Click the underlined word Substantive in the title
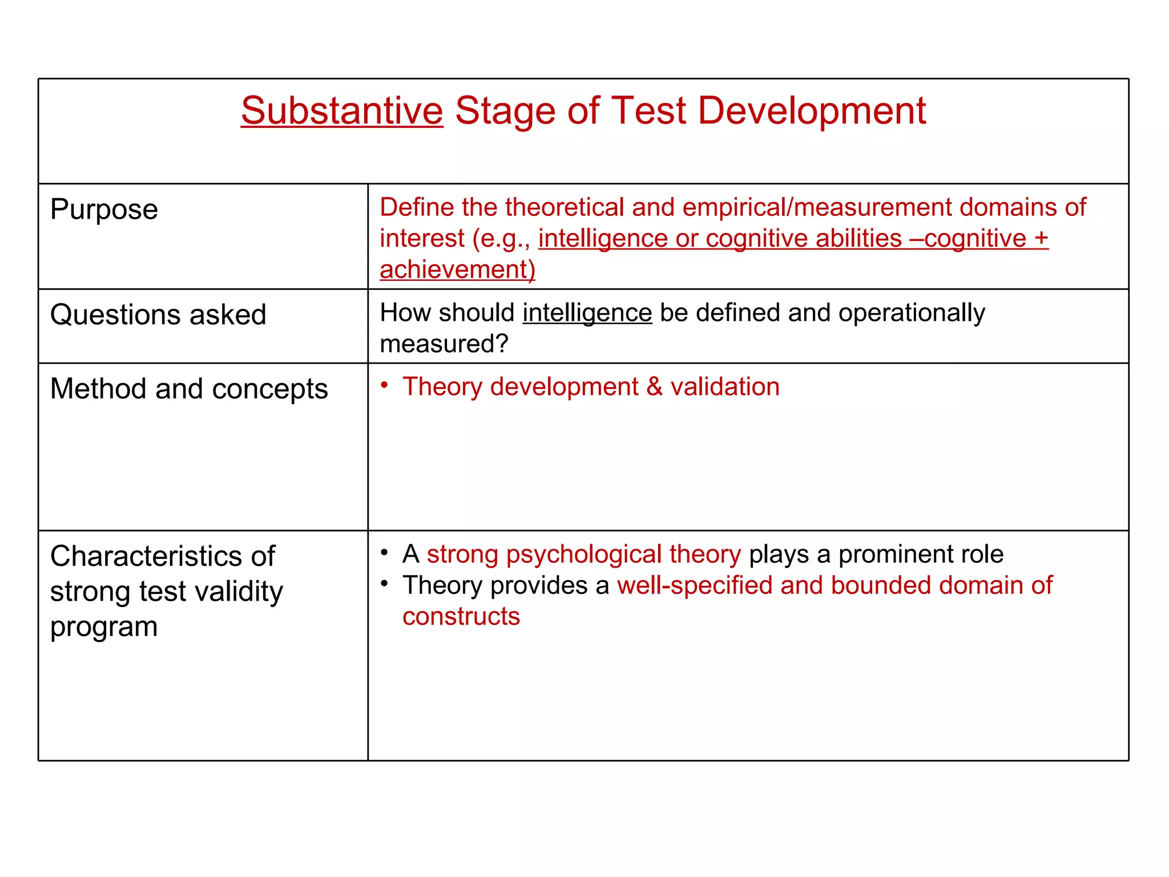(x=341, y=111)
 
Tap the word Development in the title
(x=811, y=111)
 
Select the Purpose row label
(x=104, y=210)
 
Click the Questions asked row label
(x=158, y=315)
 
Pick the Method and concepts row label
(x=188, y=389)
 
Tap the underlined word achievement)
(x=457, y=269)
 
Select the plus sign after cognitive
(x=1041, y=238)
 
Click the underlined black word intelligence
(x=587, y=313)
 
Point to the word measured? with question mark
(x=444, y=344)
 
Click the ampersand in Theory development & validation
(x=654, y=387)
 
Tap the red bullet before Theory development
(x=385, y=385)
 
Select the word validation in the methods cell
(x=725, y=387)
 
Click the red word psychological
(x=584, y=554)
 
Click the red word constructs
(x=461, y=617)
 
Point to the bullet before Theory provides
(x=385, y=584)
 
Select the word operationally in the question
(x=912, y=313)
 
